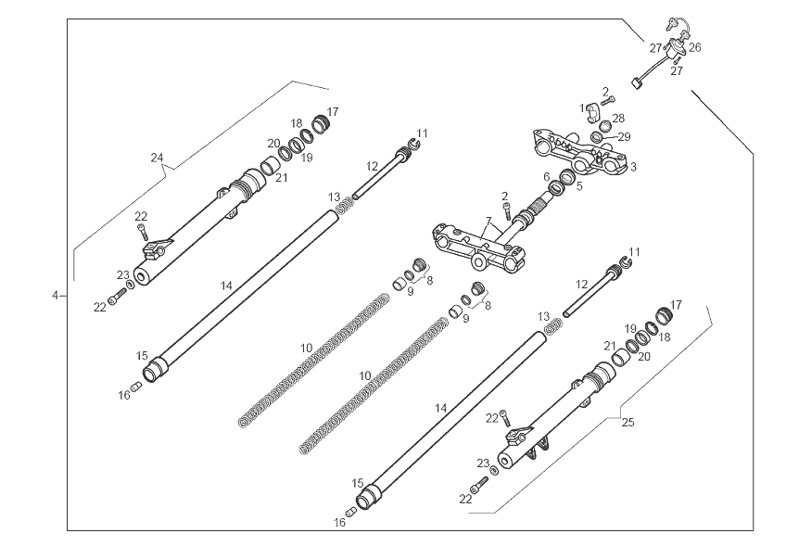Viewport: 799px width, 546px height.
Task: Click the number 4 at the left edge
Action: [x=55, y=295]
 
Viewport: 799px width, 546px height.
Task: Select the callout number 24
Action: [x=158, y=158]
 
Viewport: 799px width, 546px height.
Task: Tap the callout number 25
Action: [x=628, y=423]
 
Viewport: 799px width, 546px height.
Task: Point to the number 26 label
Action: [x=694, y=46]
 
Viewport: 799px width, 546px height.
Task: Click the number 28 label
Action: [x=618, y=119]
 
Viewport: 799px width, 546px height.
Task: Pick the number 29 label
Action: [x=625, y=136]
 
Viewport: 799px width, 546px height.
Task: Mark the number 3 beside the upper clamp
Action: [x=633, y=167]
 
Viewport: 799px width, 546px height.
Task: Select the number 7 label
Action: [x=488, y=222]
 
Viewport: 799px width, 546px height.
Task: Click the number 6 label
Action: [x=547, y=176]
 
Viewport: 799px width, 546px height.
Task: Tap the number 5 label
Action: [x=579, y=186]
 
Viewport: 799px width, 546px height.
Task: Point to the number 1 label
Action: [x=584, y=108]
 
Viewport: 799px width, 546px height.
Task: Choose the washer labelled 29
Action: [x=598, y=138]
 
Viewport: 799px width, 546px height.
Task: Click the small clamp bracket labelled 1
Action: [x=593, y=111]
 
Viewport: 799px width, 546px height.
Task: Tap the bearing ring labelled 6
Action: [x=557, y=189]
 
